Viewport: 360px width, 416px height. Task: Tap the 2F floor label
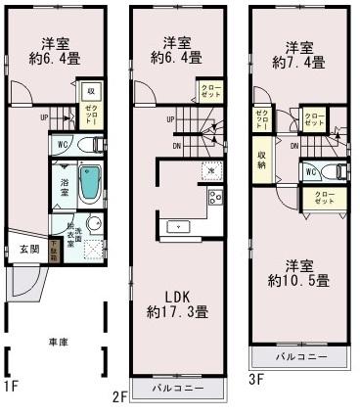pos(119,395)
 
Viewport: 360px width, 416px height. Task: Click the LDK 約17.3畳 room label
pos(177,303)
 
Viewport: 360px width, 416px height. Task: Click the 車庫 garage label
pos(58,344)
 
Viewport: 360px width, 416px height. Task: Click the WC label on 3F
pos(310,171)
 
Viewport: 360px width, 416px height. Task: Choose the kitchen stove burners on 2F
pos(214,202)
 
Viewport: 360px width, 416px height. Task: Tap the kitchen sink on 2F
pos(178,227)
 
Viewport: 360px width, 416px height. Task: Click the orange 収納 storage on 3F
pos(263,160)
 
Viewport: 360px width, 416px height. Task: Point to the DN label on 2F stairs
pos(175,146)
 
